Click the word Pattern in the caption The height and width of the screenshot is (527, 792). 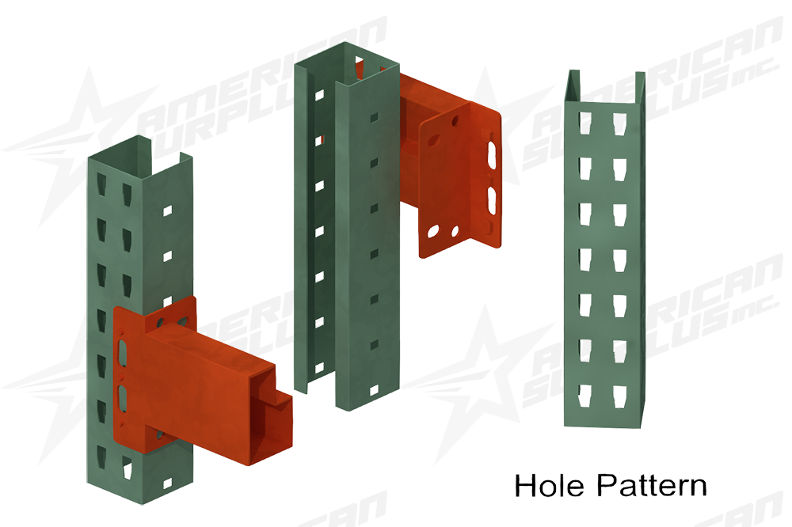651,485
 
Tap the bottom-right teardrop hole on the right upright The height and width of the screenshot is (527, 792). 615,392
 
